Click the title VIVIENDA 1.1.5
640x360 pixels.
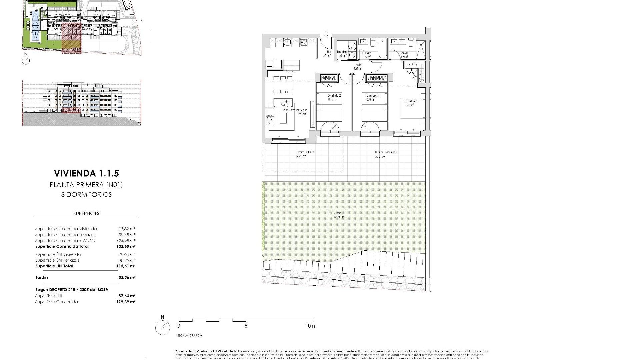(x=86, y=173)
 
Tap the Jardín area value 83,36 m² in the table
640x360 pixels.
(x=127, y=277)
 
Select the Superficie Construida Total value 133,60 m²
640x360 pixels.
(x=127, y=247)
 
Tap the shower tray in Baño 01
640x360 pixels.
(x=421, y=50)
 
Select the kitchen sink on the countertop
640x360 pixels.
(x=287, y=42)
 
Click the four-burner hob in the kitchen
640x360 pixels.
(x=304, y=42)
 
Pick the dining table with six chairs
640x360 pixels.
(x=283, y=85)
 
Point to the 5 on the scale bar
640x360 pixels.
(x=246, y=326)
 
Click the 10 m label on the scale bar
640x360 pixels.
(x=311, y=326)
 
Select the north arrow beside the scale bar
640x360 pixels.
(x=163, y=327)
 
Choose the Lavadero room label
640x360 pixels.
(x=342, y=52)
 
